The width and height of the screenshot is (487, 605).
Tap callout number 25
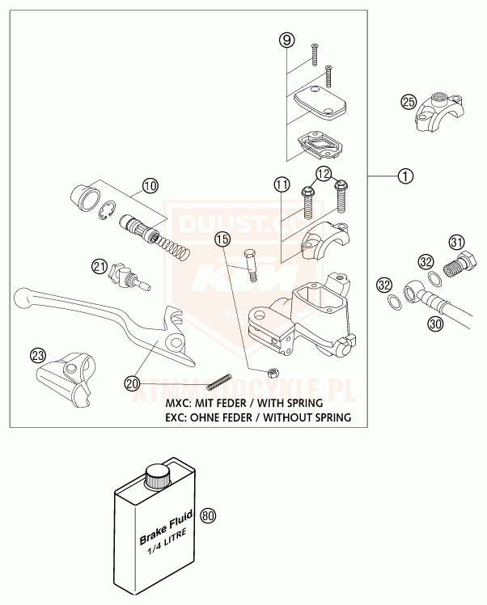(x=409, y=101)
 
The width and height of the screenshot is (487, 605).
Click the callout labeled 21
(x=100, y=265)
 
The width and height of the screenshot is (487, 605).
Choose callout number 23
(x=37, y=355)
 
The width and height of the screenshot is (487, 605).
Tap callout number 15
(x=222, y=239)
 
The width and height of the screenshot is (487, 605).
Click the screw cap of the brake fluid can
(x=155, y=475)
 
